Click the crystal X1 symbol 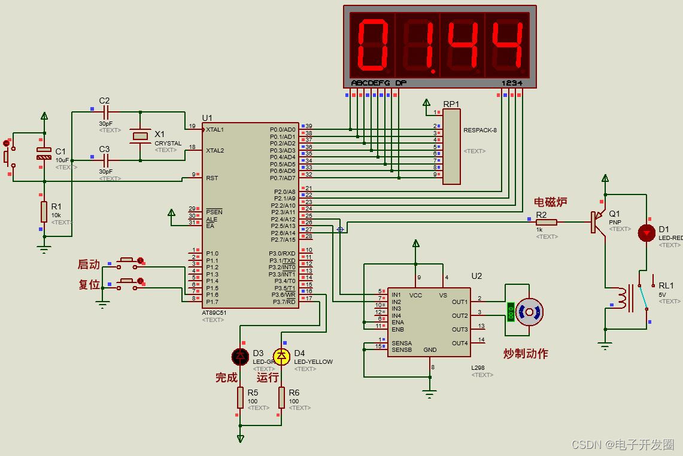[140, 136]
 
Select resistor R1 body [44, 211]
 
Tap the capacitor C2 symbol [107, 111]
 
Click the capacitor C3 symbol [107, 160]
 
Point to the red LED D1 [646, 233]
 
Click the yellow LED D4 [281, 357]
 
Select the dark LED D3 [240, 357]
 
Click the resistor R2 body [547, 222]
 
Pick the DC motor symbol [529, 312]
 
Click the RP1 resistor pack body [451, 147]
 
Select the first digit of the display [372, 45]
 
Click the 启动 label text [89, 264]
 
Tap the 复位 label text [89, 284]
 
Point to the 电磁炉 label [550, 202]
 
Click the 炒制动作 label [526, 354]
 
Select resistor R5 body [240, 397]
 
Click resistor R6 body [281, 397]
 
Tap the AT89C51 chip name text [214, 312]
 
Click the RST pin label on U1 [212, 178]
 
